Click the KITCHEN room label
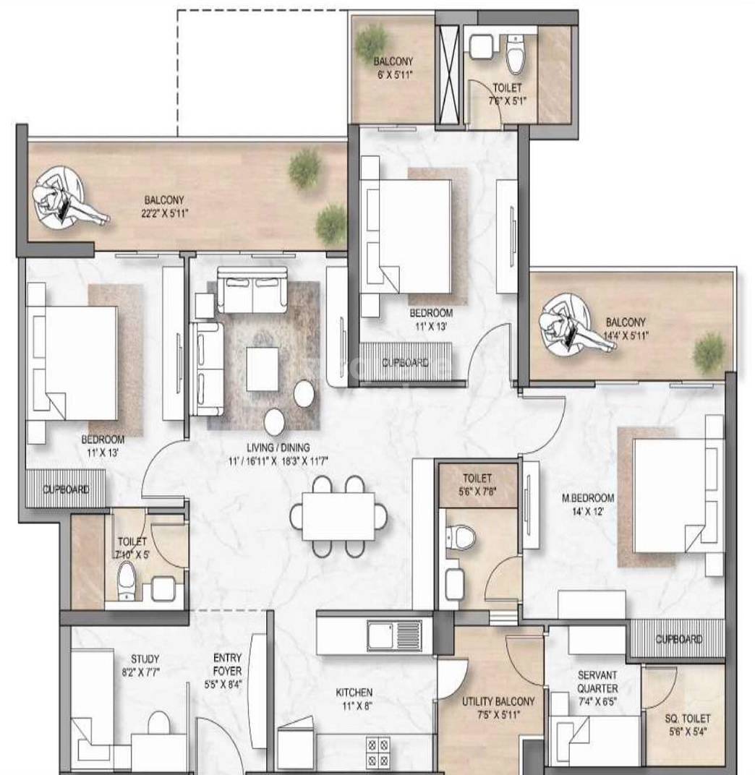coord(354,692)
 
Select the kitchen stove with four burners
coord(377,752)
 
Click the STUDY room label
coord(145,659)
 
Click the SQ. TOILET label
coord(688,719)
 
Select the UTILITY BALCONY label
coord(498,701)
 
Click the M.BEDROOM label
coord(588,498)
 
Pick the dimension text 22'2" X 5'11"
coord(163,213)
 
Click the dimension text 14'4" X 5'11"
coord(626,335)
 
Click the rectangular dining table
coord(338,516)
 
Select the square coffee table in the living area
coord(262,369)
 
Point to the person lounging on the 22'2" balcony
coord(68,200)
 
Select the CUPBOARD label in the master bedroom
coord(678,639)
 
